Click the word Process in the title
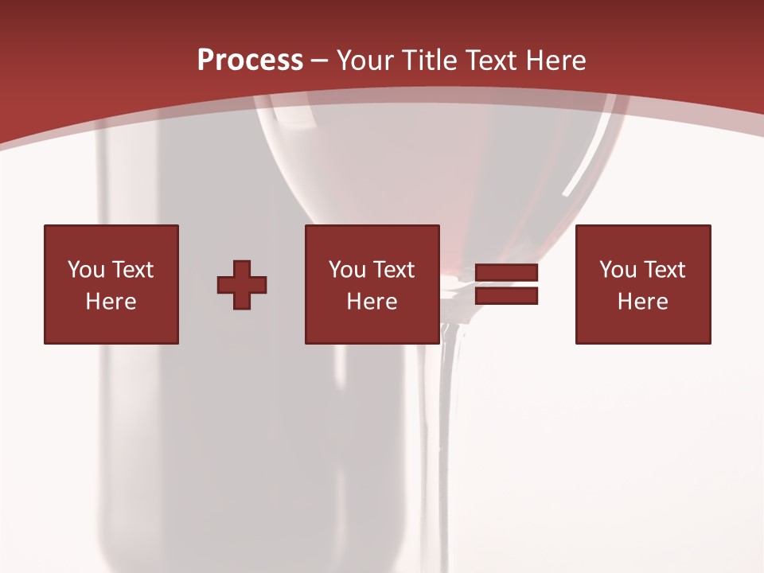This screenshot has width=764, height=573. [250, 60]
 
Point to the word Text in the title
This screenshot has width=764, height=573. [491, 60]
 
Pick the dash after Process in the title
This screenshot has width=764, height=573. [320, 61]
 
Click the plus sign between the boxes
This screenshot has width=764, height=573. [242, 285]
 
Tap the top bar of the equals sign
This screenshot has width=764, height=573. [506, 273]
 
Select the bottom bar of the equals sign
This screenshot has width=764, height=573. [506, 295]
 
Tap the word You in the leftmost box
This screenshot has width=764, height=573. [86, 270]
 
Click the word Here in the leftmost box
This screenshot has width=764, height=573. [111, 302]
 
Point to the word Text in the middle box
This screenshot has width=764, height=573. [394, 270]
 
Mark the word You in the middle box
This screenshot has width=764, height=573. [347, 270]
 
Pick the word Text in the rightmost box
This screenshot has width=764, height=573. [665, 270]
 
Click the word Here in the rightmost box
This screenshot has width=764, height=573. [642, 302]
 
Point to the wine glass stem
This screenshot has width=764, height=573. [450, 414]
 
